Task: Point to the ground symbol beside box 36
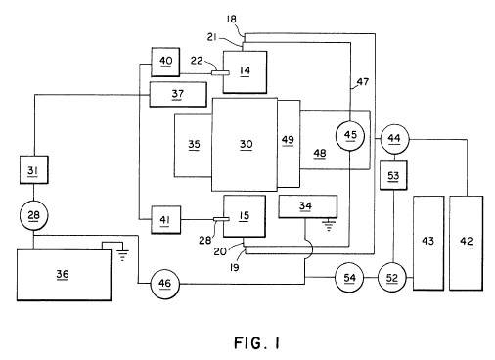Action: click(x=122, y=255)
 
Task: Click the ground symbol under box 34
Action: click(x=329, y=226)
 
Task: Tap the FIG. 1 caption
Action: click(x=257, y=343)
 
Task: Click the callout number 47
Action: click(x=363, y=81)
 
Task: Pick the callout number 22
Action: click(x=197, y=61)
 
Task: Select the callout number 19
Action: click(x=234, y=267)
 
